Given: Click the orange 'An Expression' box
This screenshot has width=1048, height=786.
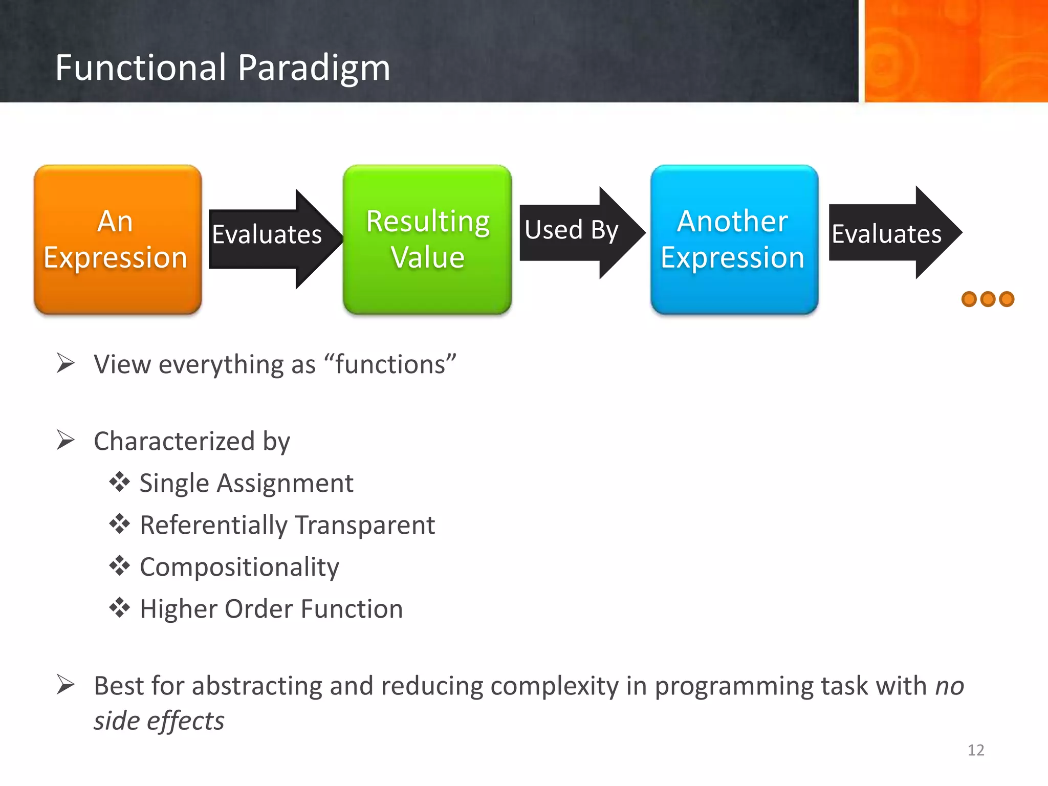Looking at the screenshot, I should point(118,239).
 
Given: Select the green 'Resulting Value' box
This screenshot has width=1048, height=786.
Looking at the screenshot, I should point(427,239).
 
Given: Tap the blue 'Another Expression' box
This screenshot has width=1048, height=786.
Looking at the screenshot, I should point(734,239).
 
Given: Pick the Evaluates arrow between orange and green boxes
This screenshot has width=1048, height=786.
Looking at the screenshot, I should point(271,238).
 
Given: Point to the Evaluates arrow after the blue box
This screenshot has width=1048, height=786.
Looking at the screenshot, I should point(890,233).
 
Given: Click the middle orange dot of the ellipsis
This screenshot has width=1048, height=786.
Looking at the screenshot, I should point(988,299).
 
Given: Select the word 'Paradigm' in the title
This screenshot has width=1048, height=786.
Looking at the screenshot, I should point(314,68).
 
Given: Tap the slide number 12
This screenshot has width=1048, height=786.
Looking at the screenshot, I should point(975,750).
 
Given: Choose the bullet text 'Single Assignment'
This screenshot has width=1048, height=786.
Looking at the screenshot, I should point(246,483).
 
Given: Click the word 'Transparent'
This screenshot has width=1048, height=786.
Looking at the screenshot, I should point(365,525).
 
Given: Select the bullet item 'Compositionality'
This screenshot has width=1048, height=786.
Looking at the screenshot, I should point(239,567).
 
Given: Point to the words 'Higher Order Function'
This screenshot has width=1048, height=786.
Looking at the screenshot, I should point(271,609).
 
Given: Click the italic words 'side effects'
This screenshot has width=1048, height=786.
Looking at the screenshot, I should point(159,720).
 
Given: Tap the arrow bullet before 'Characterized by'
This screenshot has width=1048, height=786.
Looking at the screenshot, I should point(65,440).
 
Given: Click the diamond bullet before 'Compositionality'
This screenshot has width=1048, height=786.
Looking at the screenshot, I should point(119,565).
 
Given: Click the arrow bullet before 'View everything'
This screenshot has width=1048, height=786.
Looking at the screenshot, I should point(65,363).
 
